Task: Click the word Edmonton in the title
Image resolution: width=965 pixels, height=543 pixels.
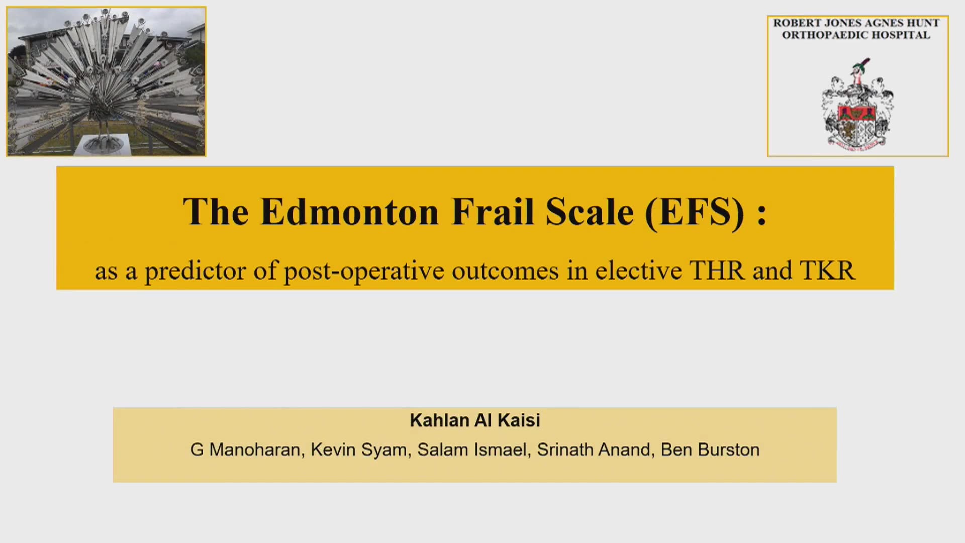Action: [350, 212]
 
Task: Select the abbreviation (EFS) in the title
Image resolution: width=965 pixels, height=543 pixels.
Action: [695, 213]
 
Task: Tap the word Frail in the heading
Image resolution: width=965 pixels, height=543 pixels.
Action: [493, 212]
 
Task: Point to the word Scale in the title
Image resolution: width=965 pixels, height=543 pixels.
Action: [590, 212]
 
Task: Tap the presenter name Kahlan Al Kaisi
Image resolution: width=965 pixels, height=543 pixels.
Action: [475, 420]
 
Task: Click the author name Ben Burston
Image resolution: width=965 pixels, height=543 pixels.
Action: [710, 449]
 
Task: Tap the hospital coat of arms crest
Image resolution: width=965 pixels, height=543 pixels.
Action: [857, 105]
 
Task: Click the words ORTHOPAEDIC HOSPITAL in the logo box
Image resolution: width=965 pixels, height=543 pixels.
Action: [856, 35]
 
